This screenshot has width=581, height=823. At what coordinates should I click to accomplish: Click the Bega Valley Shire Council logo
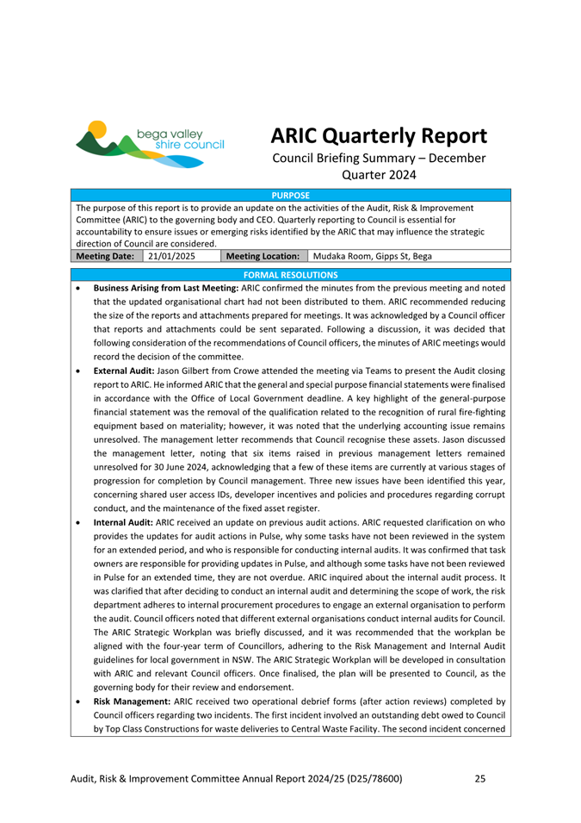click(x=151, y=142)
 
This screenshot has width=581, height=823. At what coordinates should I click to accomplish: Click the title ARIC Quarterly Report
click(x=379, y=136)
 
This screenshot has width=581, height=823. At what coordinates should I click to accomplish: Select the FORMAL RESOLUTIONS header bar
click(x=290, y=275)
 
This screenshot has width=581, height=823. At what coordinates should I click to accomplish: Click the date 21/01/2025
click(x=173, y=256)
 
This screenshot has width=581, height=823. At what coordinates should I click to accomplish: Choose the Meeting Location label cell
click(x=263, y=256)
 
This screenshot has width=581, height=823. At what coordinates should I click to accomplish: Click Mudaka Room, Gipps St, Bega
click(x=373, y=256)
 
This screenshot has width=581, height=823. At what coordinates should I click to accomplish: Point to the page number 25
click(x=480, y=779)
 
